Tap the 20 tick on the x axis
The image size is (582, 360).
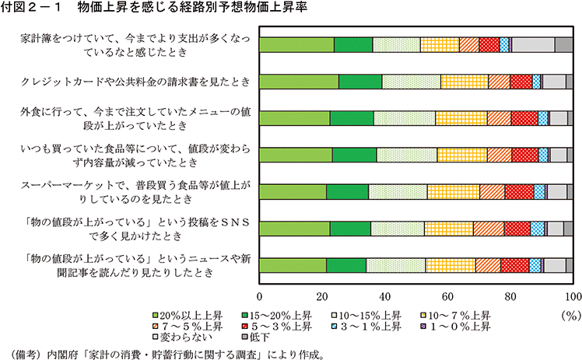[x=322, y=296]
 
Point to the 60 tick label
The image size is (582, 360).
[x=447, y=296]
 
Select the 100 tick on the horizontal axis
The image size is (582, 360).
[x=572, y=296]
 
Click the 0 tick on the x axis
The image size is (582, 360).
[x=259, y=296]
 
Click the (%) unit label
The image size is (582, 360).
[x=569, y=316]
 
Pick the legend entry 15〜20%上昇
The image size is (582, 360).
[x=278, y=316]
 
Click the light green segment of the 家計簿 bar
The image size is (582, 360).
[x=296, y=45]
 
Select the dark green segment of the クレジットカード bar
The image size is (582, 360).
[x=360, y=82]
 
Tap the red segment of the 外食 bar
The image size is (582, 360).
[x=524, y=118]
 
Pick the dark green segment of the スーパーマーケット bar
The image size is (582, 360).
[x=347, y=191]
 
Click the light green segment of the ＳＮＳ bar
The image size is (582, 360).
[x=294, y=228]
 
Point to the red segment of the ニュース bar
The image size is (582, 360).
[x=514, y=264]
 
